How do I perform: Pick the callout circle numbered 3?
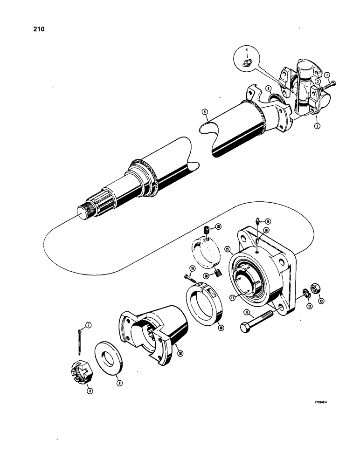[316, 125]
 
